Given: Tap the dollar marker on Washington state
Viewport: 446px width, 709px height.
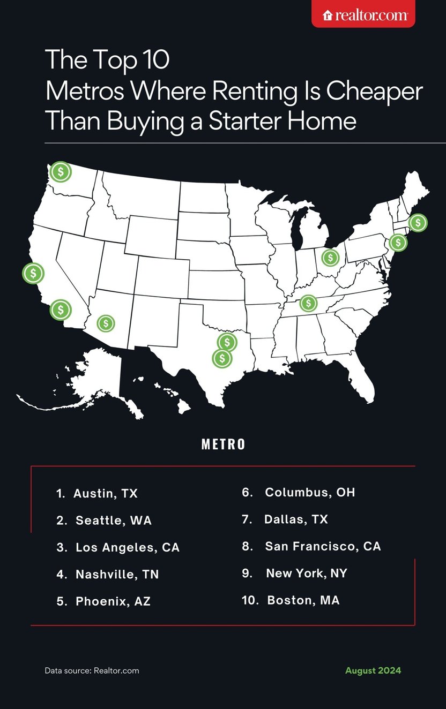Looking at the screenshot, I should (x=61, y=172).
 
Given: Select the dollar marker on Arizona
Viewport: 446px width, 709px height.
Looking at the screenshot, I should (x=106, y=323).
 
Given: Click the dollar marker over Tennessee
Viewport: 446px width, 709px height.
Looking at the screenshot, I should (x=308, y=303).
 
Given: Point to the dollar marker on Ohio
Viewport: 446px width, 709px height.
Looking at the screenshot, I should (x=330, y=258).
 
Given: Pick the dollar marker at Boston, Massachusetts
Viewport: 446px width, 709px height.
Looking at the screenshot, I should (x=418, y=222).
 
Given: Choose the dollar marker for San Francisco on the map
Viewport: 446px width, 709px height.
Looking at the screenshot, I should (x=33, y=273).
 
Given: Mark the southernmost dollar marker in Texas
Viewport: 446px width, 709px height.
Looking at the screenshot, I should (x=222, y=358).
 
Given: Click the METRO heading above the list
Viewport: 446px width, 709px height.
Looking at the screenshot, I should (x=223, y=444).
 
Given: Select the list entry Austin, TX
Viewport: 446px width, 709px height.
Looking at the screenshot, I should (x=106, y=494).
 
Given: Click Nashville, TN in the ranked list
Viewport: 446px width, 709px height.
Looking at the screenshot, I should (x=117, y=575).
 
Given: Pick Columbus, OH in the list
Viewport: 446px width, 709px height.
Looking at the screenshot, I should (x=310, y=492).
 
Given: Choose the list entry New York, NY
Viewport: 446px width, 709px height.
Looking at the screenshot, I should (x=306, y=574).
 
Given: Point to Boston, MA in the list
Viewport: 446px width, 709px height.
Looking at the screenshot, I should (x=303, y=600).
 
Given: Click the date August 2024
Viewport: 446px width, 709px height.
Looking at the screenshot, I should (x=373, y=670).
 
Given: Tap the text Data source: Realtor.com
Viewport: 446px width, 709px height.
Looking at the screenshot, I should (x=92, y=670).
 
